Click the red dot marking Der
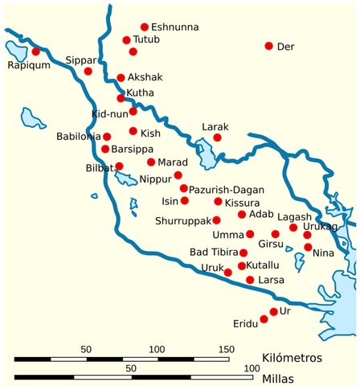pos(269,46)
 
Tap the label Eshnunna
pos(174,27)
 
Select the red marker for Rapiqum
pos(35,51)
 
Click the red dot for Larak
pos(217,138)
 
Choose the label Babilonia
pos(79,137)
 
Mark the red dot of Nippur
pos(178,175)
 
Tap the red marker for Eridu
pos(264,319)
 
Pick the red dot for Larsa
pos(250,280)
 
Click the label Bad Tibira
pos(213,253)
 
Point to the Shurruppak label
pos(184,220)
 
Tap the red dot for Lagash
pos(293,228)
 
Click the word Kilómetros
pos(292,356)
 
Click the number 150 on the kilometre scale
pos(226,349)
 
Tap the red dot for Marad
pos(150,162)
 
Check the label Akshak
pos(145,78)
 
